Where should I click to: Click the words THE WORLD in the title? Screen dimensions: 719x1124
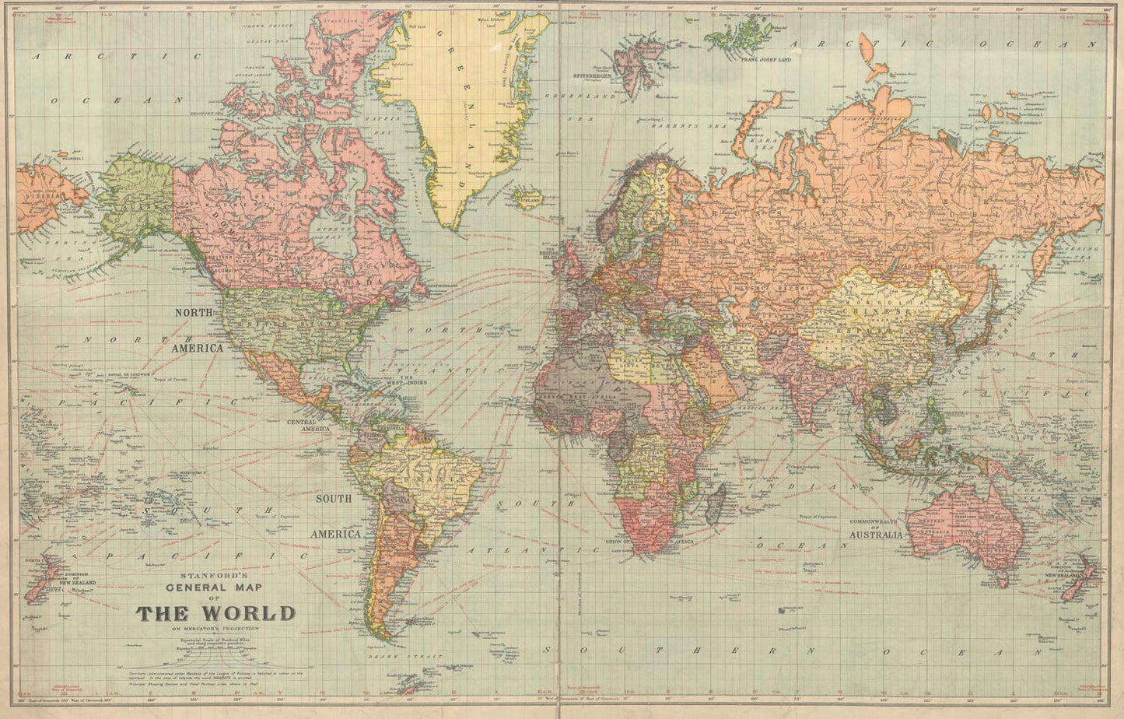[x=215, y=613]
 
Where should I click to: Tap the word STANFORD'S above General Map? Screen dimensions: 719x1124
[x=215, y=577]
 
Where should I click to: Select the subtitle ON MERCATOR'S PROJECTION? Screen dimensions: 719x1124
[x=215, y=628]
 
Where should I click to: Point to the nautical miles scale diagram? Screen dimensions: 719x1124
[x=215, y=647]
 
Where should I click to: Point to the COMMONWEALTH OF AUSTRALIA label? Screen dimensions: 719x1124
[x=876, y=528]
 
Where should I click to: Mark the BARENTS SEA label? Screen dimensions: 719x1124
[x=678, y=125]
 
